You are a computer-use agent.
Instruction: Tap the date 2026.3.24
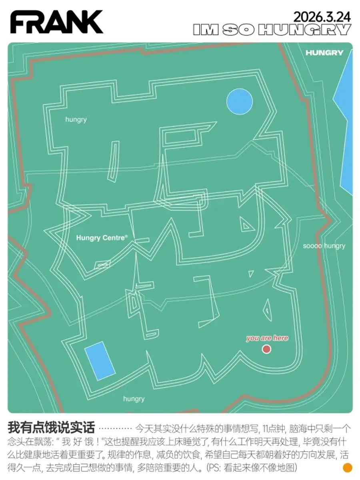pos(322,17)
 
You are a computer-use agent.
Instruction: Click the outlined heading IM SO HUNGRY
pos(272,30)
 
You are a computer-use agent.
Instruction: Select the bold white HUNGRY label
pos(324,53)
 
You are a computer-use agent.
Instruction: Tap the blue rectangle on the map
pos(100,361)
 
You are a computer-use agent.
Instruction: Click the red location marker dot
pos(266,349)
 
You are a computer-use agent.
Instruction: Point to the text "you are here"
pos(267,338)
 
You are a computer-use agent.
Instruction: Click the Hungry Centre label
pos(101,238)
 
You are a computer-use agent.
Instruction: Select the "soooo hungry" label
pos(324,246)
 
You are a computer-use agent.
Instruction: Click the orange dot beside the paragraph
pos(348,467)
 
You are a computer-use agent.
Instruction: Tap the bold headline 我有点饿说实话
pos(51,428)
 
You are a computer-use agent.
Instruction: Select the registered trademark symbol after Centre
pos(126,236)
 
